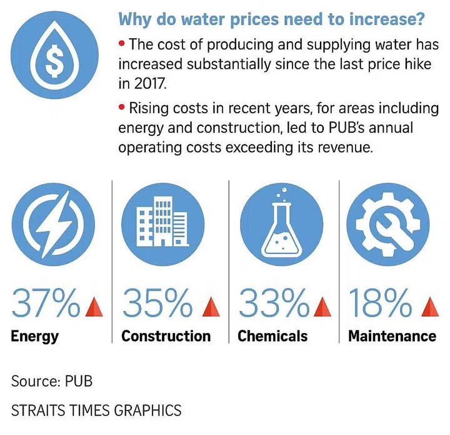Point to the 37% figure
click(x=47, y=304)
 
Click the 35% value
click(x=158, y=304)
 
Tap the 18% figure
click(x=377, y=304)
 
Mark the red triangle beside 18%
click(x=427, y=307)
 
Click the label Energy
click(x=34, y=336)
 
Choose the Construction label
click(x=166, y=336)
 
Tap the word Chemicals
click(x=272, y=336)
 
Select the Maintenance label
click(x=392, y=336)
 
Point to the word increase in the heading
click(x=381, y=19)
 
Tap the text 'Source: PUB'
click(x=52, y=381)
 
